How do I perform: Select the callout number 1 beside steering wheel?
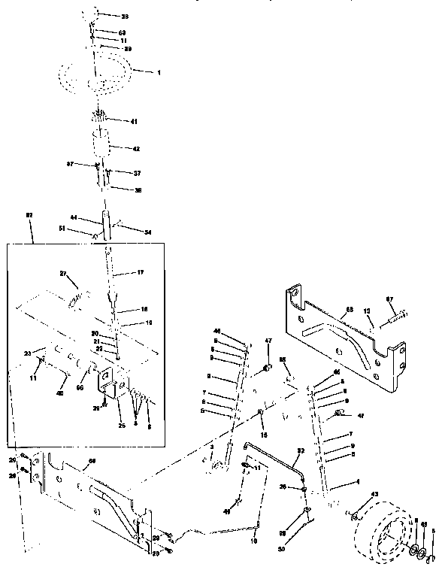pyautogui.click(x=159, y=72)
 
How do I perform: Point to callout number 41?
pyautogui.click(x=135, y=121)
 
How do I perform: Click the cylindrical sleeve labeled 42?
pyautogui.click(x=101, y=144)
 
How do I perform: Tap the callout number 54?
pyautogui.click(x=147, y=232)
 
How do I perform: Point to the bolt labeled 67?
pyautogui.click(x=395, y=317)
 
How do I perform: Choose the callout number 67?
pyautogui.click(x=411, y=300)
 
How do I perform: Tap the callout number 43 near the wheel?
pyautogui.click(x=374, y=493)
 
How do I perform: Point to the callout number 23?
pyautogui.click(x=28, y=351)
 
